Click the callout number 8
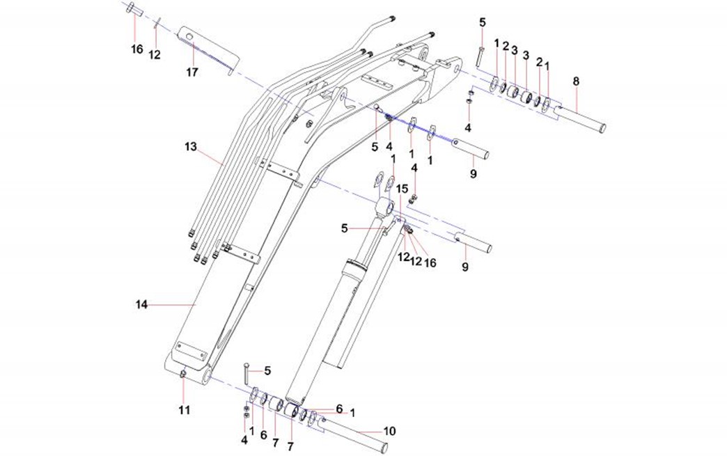pos(576,81)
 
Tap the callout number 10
pos(389,431)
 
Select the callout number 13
pos(191,147)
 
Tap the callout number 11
pos(184,411)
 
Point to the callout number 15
pos(402,188)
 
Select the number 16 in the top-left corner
pos(136,49)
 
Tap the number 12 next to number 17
pos(155,54)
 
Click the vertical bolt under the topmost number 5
pos(480,56)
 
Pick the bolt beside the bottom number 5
pos(247,374)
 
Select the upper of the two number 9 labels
pos(473,173)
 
